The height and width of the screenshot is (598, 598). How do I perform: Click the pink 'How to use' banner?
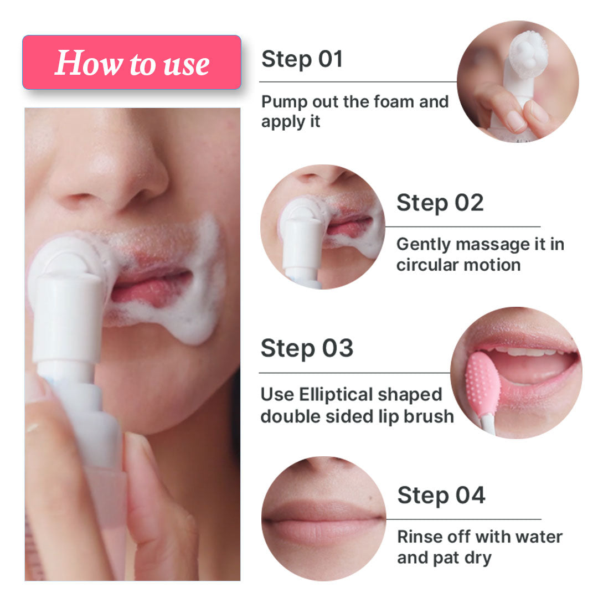[132, 63]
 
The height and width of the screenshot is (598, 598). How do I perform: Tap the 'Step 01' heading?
[302, 59]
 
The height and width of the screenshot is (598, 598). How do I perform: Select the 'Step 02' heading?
[440, 203]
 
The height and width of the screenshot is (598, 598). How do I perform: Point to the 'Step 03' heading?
[307, 349]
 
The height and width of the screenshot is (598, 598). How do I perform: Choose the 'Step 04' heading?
[441, 495]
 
